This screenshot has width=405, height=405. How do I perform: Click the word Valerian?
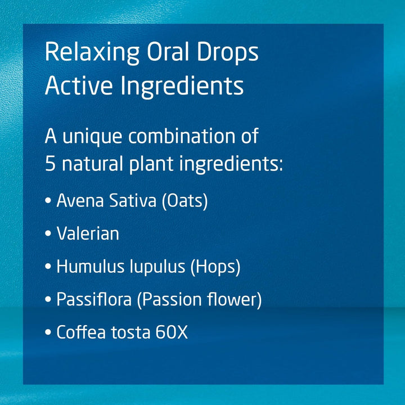pyautogui.click(x=88, y=233)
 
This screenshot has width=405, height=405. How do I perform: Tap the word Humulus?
pyautogui.click(x=86, y=267)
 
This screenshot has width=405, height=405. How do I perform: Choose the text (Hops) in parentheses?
pyautogui.click(x=215, y=267)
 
